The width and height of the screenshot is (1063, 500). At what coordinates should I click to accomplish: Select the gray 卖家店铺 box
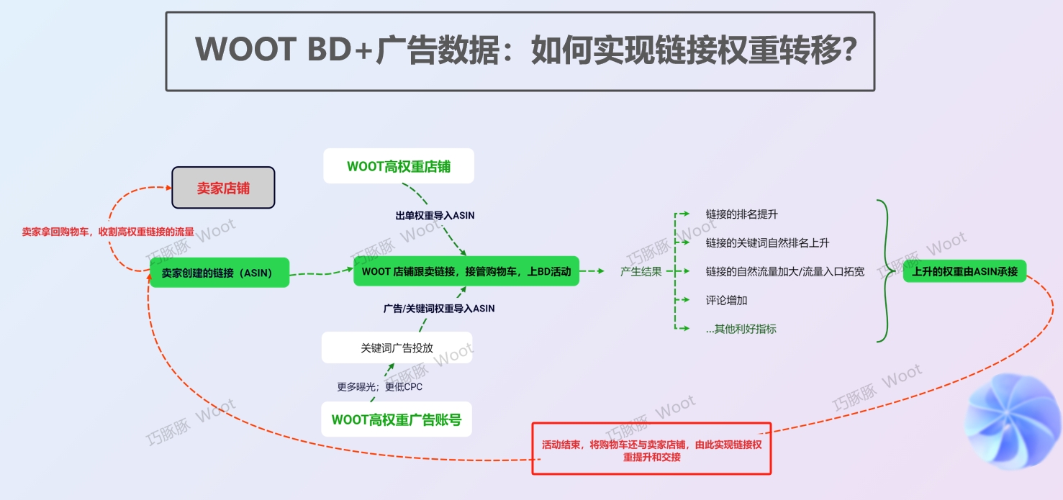223,187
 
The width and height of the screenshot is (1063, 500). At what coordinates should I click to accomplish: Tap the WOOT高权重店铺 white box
399,166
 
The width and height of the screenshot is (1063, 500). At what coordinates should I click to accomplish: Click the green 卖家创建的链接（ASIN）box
220,272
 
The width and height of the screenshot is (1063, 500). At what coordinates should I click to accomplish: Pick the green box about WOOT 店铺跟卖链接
466,271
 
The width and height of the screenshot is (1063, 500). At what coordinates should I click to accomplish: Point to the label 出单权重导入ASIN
435,215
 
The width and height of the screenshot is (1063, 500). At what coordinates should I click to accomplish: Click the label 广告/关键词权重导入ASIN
439,309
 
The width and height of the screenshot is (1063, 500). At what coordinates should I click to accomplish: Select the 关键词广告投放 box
397,347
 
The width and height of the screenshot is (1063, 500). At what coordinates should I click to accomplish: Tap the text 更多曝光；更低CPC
380,386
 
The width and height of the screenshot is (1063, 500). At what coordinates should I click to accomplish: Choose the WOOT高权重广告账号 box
397,419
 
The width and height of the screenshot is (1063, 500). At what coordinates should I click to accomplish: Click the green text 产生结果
641,271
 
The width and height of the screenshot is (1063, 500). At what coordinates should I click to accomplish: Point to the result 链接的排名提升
741,214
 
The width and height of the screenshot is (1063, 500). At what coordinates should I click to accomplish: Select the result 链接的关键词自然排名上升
767,243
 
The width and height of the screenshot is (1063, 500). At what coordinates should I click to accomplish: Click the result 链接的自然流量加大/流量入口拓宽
784,271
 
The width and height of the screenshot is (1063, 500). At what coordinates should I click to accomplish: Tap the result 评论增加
726,300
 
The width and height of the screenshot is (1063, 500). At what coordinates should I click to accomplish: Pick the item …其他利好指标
741,329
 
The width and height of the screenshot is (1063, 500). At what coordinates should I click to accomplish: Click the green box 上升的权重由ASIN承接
964,271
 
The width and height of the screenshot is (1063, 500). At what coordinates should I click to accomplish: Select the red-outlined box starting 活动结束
651,448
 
